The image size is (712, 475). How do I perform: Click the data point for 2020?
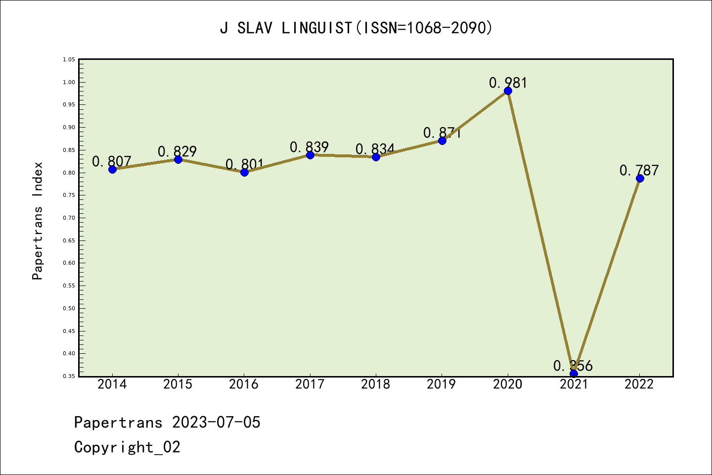point(508,91)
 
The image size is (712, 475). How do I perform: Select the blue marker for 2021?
point(574,374)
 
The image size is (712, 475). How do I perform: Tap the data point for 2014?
point(112,169)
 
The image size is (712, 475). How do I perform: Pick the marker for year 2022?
point(640,178)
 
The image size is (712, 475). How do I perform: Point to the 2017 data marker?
point(310,155)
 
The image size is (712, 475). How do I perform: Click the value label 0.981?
point(508,83)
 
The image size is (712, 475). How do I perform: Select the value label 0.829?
point(178,151)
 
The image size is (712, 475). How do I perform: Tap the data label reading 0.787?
point(639,170)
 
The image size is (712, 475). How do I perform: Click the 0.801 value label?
point(244,164)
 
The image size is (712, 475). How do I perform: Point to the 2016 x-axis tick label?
point(244,384)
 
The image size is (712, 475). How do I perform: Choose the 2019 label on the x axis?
point(442,384)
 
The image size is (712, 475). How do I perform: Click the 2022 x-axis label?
point(639,384)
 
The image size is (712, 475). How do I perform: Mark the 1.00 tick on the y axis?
point(69,82)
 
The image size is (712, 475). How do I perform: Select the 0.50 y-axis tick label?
point(69,308)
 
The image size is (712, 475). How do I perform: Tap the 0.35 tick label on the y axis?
point(69,376)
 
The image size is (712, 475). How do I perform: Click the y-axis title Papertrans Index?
point(38,221)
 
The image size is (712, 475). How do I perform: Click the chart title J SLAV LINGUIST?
point(356,28)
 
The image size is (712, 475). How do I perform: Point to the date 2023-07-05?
point(216,423)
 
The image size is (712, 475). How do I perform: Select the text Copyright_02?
point(127,447)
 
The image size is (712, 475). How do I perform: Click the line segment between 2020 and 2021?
point(541,232)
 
